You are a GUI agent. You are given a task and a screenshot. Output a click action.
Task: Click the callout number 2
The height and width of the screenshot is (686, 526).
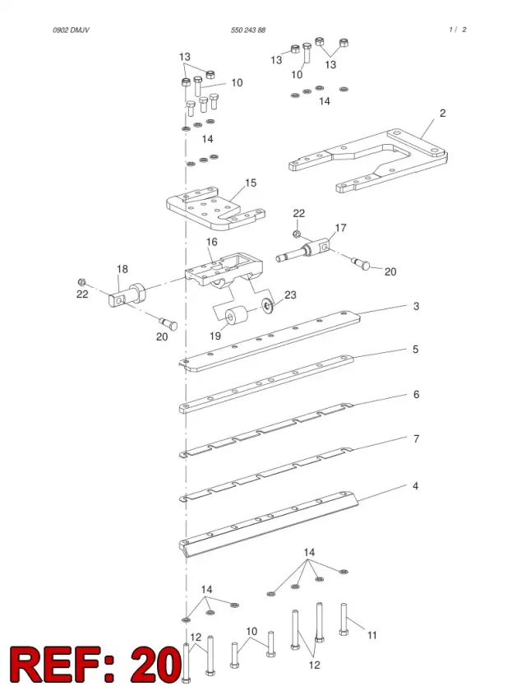442,114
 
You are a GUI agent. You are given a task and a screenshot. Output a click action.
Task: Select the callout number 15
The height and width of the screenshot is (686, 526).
251,183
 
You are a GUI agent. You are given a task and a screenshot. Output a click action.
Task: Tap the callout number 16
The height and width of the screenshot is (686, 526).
211,242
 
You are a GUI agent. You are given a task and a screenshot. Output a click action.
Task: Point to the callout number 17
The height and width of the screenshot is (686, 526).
340,228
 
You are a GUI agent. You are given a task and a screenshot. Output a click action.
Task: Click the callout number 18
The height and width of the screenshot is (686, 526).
122,269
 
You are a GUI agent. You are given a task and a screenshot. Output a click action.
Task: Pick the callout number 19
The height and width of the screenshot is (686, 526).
215,336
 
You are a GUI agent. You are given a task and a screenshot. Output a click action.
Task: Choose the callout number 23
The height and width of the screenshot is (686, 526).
290,294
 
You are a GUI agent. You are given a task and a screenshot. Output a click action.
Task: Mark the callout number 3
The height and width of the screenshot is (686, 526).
416,306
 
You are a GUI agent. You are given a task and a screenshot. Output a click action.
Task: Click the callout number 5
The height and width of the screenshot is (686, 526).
415,350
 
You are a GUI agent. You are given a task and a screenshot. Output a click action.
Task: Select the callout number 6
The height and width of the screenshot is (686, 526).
416,395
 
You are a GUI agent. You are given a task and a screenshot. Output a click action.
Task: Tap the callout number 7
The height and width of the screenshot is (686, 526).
416,438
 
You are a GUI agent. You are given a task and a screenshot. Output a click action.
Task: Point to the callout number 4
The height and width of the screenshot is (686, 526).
415,486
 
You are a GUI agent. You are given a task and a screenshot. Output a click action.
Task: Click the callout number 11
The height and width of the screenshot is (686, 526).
372,635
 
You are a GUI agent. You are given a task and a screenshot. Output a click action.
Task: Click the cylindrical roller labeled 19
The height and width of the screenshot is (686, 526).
236,317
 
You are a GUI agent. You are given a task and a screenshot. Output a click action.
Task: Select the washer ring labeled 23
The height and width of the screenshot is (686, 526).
266,305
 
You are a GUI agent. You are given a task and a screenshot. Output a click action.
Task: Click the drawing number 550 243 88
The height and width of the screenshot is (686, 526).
248,30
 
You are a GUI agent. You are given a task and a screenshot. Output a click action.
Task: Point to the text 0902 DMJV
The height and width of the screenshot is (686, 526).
72,30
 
